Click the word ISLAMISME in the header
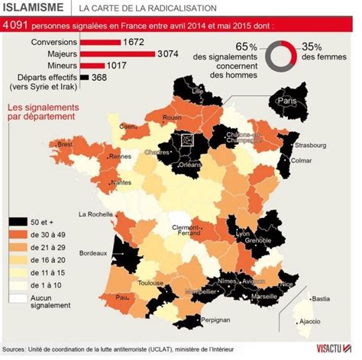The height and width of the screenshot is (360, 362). point(34,8)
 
